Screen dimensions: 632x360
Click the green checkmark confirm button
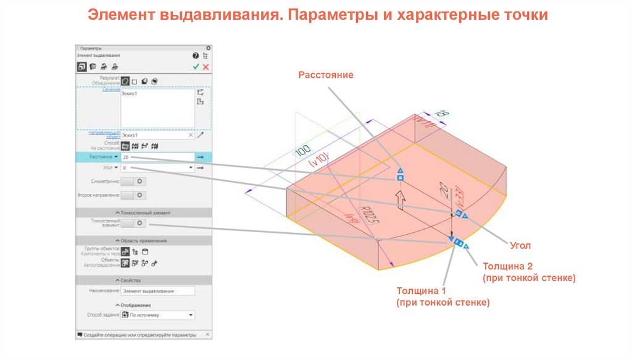coord(196,67)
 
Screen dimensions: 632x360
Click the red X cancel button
coord(206,67)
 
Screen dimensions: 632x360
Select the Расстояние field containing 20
coord(157,157)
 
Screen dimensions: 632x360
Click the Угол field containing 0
coord(157,168)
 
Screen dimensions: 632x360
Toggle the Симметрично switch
coord(133,182)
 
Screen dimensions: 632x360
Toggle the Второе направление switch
coord(133,195)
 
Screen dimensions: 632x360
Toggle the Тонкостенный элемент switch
coord(133,223)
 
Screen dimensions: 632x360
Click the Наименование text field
coord(157,290)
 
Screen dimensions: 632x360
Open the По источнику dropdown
coord(157,315)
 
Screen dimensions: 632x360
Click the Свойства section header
coord(143,280)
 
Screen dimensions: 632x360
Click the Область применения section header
coord(143,241)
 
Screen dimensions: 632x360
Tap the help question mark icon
coord(196,56)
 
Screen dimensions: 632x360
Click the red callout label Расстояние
coord(326,75)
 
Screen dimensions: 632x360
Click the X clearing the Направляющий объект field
coord(190,135)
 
